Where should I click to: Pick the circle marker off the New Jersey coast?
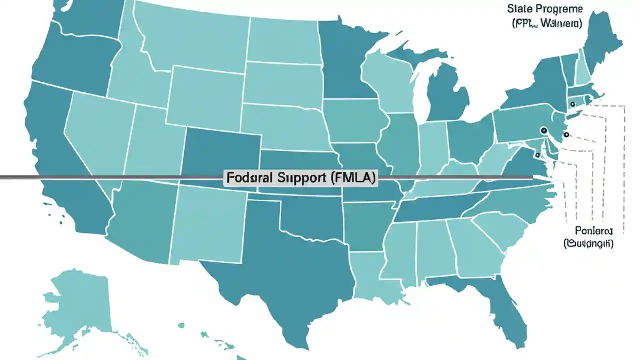pos(566,134)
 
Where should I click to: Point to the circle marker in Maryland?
pos(537,155)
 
